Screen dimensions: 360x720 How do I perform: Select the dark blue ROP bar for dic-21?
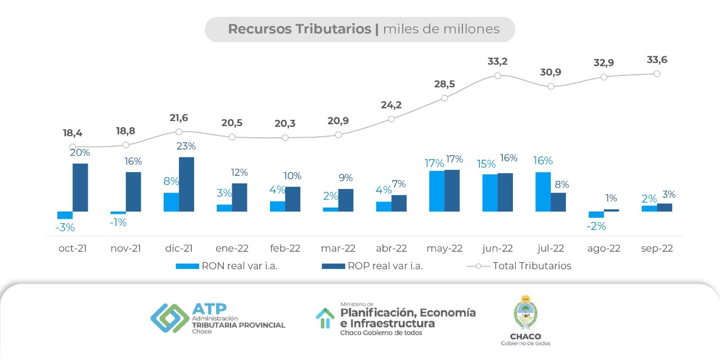tap(186, 184)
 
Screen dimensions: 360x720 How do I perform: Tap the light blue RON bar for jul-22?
tap(543, 192)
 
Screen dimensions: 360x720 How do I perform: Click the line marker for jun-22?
tap(498, 75)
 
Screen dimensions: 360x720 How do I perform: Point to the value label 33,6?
tap(656, 60)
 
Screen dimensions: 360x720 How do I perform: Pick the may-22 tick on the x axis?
tap(444, 248)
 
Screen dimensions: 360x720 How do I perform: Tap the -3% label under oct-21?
tap(65, 228)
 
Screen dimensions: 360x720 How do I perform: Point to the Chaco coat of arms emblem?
tap(525, 312)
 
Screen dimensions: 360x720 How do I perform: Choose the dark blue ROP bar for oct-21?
tap(80, 187)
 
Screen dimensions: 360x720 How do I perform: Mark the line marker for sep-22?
tap(657, 74)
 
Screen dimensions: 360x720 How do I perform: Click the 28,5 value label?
tap(444, 84)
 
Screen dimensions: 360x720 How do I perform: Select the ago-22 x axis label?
tap(604, 248)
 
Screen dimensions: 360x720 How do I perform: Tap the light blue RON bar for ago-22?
tap(596, 214)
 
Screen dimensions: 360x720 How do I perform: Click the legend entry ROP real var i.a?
tap(372, 266)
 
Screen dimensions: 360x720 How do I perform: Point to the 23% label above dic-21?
tap(186, 146)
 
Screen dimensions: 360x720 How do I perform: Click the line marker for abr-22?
tap(391, 119)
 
